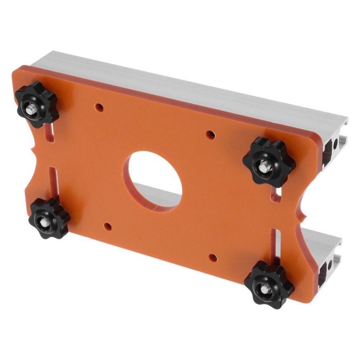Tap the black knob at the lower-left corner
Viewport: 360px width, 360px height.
49,218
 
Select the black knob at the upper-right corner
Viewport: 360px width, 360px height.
269,162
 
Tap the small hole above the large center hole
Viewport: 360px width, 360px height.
210,135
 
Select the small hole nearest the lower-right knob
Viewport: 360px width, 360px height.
213,257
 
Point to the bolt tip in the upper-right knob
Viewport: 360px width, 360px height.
263,166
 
